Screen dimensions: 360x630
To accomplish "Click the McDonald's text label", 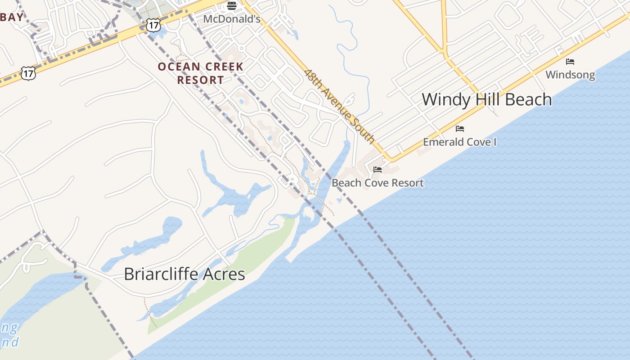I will [232, 19].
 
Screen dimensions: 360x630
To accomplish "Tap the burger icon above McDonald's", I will [232, 6].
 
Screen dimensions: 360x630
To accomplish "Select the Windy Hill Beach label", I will [486, 99].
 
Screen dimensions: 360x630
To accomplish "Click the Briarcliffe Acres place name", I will [184, 274].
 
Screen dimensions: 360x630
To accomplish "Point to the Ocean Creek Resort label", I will [200, 73].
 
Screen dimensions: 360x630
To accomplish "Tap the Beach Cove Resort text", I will [378, 183].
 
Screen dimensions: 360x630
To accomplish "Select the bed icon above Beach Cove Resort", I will [378, 170].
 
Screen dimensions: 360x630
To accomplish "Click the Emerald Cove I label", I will [459, 142].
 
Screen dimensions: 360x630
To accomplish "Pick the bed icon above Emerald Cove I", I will [459, 129].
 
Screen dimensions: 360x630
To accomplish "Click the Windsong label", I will [570, 75].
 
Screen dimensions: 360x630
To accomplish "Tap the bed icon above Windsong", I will [570, 61].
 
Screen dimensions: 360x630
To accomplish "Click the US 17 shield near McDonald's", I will [153, 25].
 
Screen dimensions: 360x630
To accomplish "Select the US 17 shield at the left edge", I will [28, 73].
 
